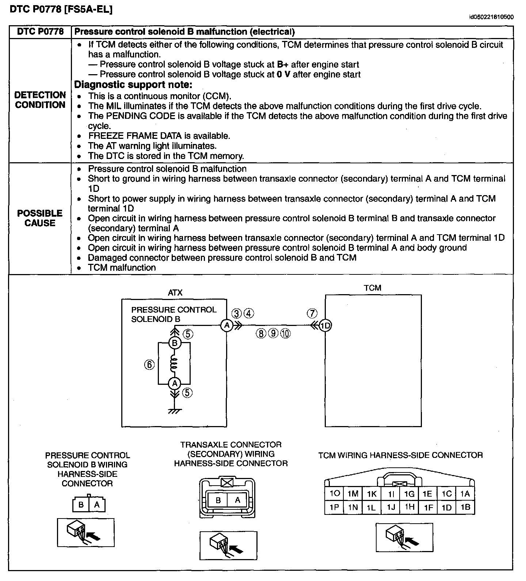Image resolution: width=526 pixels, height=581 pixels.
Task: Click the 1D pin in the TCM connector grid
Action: pos(447,507)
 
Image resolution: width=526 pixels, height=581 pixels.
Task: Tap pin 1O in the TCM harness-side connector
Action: pos(334,494)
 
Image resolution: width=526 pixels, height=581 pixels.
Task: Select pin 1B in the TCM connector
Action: pos(465,507)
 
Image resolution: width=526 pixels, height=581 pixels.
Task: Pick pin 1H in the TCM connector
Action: pos(409,507)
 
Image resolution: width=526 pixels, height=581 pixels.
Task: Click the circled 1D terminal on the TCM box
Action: pos(325,325)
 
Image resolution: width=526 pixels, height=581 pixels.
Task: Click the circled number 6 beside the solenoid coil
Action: pos(149,364)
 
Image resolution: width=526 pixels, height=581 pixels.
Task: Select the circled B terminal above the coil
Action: pos(175,343)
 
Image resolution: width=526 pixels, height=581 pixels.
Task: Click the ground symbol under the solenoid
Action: pos(175,411)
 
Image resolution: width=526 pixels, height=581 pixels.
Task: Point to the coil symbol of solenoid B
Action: pos(175,364)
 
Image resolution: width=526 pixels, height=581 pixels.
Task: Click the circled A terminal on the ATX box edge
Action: pos(226,325)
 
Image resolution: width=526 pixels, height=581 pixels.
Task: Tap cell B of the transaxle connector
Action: pos(218,500)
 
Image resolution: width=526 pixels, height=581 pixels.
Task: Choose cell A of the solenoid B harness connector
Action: pos(97,505)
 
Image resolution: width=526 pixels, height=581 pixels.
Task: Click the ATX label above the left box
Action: pos(175,292)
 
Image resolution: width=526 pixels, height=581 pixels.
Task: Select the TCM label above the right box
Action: pos(372,288)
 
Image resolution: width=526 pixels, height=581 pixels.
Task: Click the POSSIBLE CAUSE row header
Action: pos(40,218)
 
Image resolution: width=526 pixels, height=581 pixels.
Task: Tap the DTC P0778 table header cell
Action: pos(40,32)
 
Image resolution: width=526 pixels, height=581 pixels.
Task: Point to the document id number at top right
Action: pos(491,17)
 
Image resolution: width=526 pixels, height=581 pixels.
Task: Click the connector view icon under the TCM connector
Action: pos(404,537)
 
